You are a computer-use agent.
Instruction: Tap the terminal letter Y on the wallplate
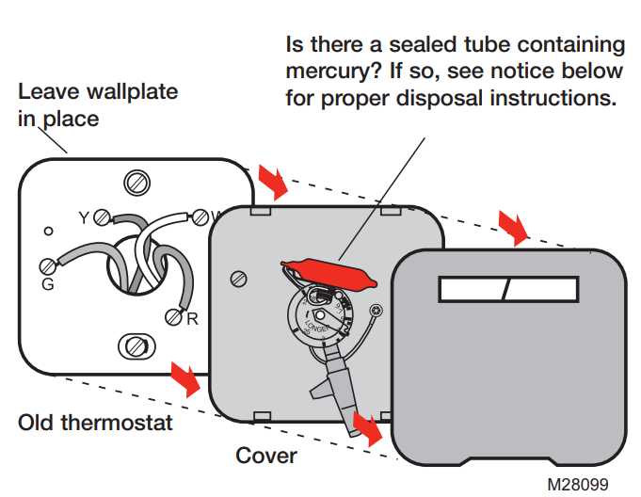tap(83, 217)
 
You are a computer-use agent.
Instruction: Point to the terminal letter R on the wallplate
tap(192, 319)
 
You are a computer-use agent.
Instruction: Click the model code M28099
tap(585, 484)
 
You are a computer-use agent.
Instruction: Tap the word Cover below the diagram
tap(266, 456)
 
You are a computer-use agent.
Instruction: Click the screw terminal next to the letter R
tap(173, 317)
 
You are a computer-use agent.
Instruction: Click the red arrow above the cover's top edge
tap(514, 226)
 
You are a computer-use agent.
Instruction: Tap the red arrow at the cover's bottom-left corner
tap(367, 428)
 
